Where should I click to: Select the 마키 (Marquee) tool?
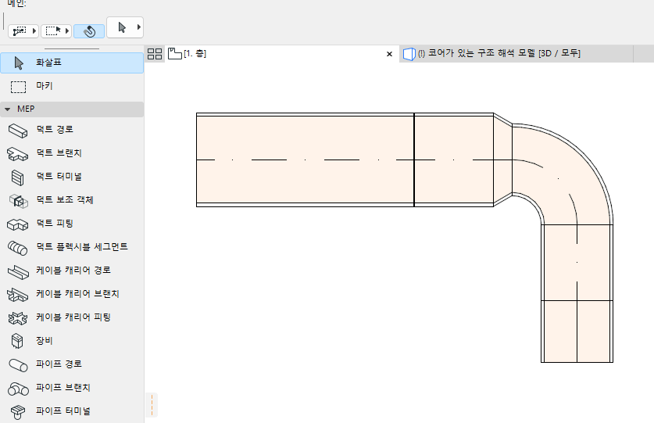(x=44, y=85)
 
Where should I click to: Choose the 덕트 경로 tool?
(x=55, y=129)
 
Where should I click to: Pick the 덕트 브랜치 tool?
(x=59, y=152)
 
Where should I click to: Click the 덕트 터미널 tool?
(x=59, y=176)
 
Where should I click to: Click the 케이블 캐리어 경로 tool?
(x=73, y=271)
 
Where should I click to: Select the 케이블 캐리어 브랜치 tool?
(x=77, y=294)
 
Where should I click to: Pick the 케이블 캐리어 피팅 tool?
(x=73, y=317)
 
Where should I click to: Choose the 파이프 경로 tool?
(x=59, y=364)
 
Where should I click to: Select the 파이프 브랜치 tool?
(x=63, y=388)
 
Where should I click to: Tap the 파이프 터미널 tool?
(x=63, y=410)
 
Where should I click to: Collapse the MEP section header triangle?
(x=8, y=109)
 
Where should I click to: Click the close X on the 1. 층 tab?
(x=389, y=54)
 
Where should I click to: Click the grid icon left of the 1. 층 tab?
(x=155, y=54)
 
